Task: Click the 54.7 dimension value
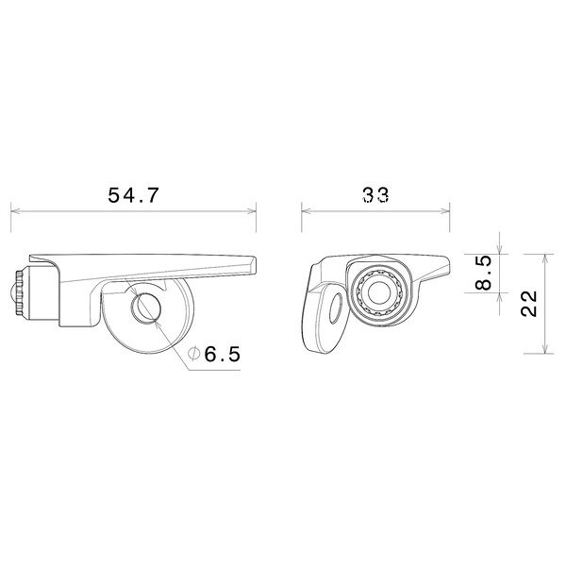[133, 195]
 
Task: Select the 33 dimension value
[375, 195]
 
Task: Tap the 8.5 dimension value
[483, 273]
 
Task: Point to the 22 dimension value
[529, 304]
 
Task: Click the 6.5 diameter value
[223, 354]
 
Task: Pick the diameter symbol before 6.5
[193, 354]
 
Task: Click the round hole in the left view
[145, 308]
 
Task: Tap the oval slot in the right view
[336, 308]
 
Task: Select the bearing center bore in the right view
[378, 292]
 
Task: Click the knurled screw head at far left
[19, 293]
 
